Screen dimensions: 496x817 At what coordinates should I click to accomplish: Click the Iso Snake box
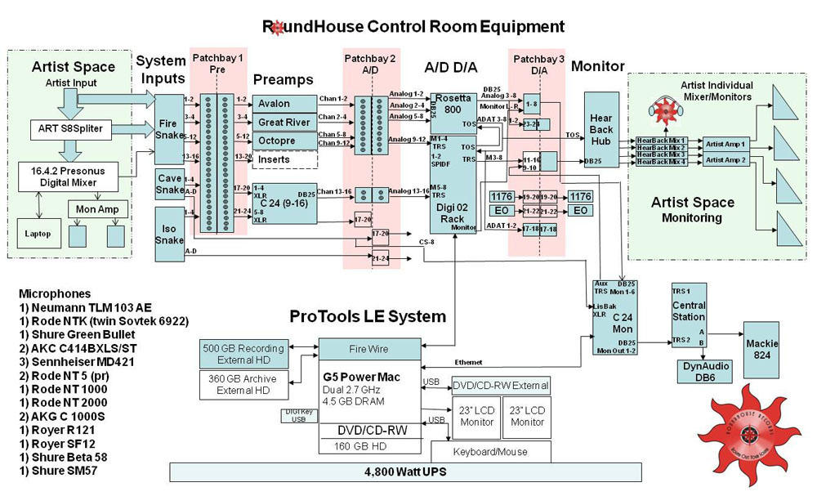point(169,230)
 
